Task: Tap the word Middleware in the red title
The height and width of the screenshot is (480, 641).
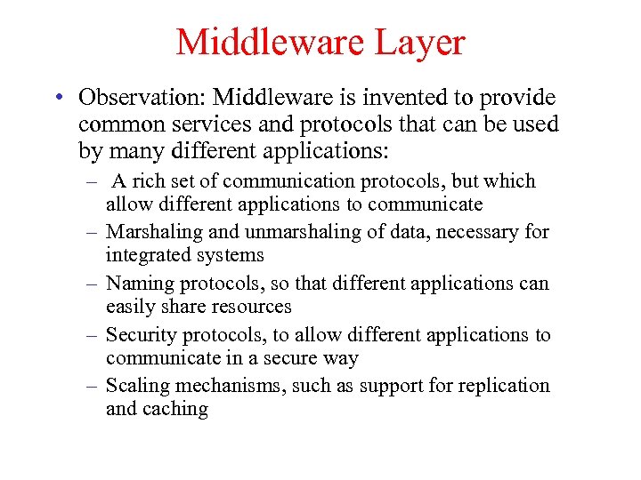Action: coord(270,42)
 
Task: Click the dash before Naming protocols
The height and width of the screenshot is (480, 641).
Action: coord(93,284)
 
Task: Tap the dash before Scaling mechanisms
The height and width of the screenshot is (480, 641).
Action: coord(93,387)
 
